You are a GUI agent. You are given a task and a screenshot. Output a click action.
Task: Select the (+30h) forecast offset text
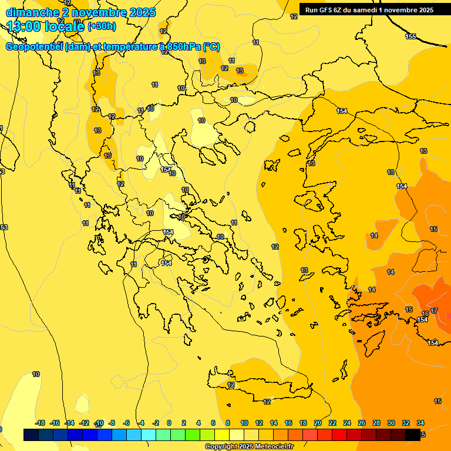(x=102, y=26)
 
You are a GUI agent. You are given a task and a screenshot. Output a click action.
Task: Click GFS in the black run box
(x=325, y=9)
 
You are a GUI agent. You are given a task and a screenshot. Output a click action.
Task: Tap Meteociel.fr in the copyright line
(x=274, y=447)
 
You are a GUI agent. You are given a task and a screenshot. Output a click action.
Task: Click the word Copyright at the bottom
(x=221, y=447)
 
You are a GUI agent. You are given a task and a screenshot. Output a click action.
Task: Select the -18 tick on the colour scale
(x=40, y=423)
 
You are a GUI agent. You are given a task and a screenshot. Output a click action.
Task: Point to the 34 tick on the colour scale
(x=420, y=423)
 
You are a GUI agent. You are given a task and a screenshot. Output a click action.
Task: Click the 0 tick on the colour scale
(x=169, y=423)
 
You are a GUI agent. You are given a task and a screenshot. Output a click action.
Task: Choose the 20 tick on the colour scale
(x=318, y=423)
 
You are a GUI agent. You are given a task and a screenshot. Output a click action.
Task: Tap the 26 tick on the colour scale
(x=362, y=423)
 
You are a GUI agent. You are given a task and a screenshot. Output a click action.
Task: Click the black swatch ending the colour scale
(x=413, y=435)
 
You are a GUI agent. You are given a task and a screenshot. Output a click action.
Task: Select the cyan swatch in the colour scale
(x=149, y=435)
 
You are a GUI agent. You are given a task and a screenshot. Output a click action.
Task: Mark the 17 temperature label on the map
(x=434, y=311)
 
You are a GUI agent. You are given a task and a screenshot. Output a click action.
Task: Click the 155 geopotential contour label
(x=410, y=36)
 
